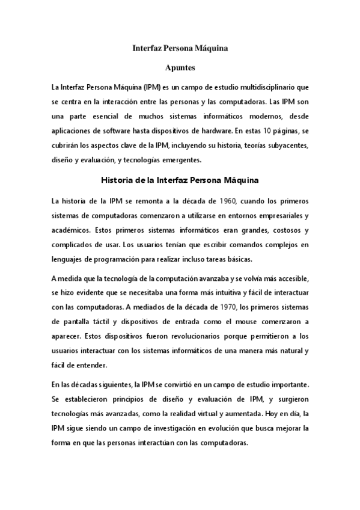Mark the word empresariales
click(x=277, y=215)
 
